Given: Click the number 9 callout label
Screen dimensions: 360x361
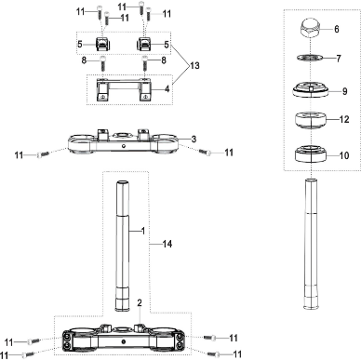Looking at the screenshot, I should (343, 91).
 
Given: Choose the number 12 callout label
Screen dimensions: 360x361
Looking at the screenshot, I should (343, 120).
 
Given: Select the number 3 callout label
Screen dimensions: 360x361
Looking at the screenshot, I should (194, 139).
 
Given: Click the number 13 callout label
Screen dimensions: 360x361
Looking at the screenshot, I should (194, 68).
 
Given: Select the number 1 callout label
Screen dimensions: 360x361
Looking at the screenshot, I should (142, 229).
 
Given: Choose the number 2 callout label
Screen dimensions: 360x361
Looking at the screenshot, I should (139, 303).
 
